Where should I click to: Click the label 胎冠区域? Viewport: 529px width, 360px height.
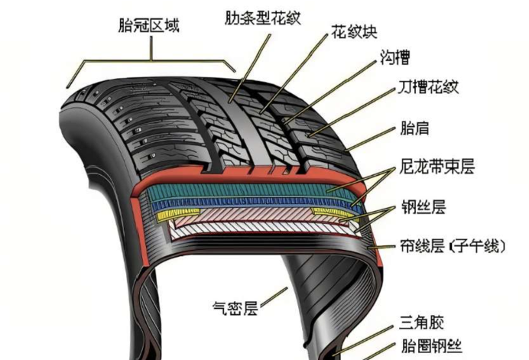[149, 27]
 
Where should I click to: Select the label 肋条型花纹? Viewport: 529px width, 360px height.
[263, 17]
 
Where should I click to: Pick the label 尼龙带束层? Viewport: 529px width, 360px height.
[437, 167]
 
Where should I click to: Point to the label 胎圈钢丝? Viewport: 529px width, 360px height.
[431, 345]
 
